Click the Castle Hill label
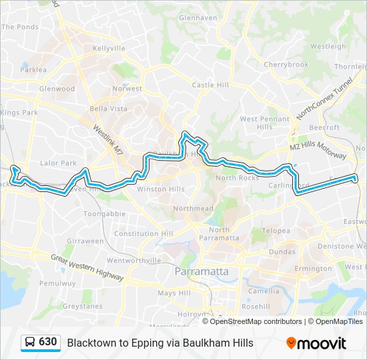[210, 85]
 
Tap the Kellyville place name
[109, 49]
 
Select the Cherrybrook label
[286, 65]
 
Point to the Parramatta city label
[201, 271]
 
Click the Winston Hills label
[160, 189]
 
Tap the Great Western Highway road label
[88, 266]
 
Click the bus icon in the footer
[30, 343]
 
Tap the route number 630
[47, 342]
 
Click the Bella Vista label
[108, 108]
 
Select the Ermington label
[312, 269]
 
